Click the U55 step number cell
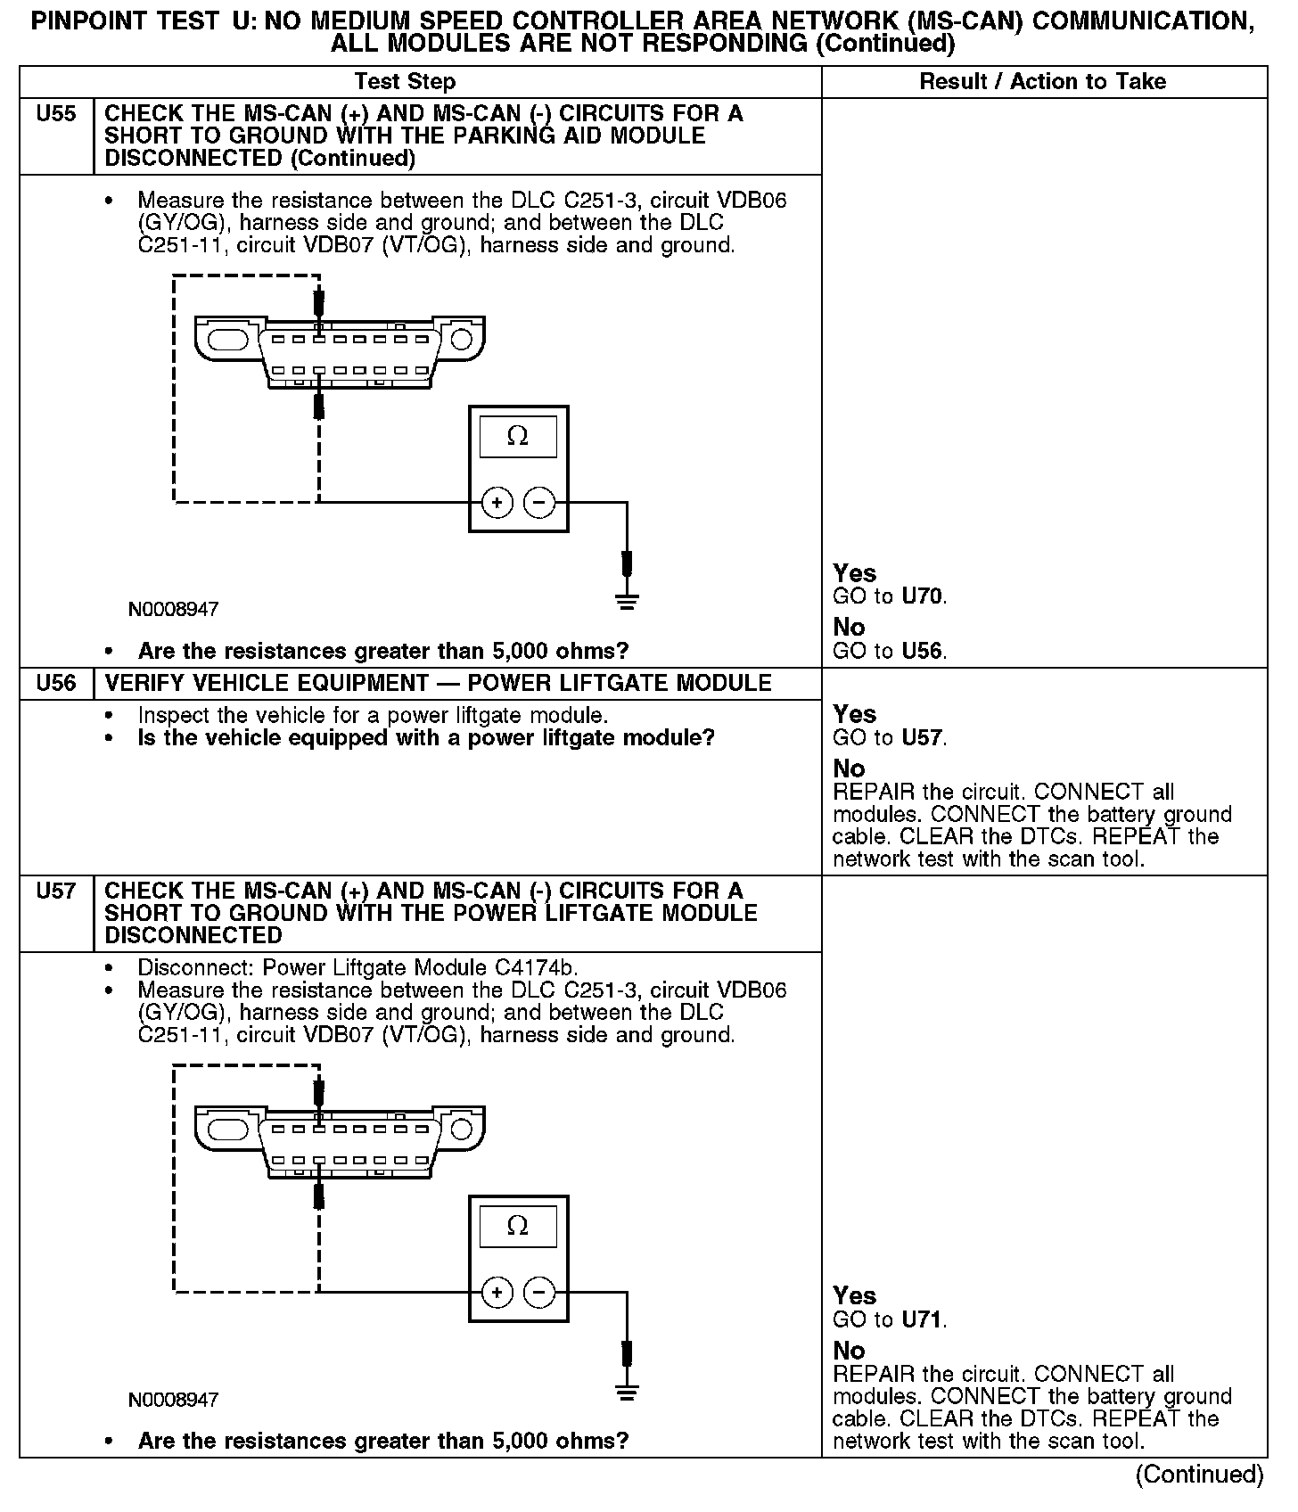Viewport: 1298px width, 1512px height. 55,114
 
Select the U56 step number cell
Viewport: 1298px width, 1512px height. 55,684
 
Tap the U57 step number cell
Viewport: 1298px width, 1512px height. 55,891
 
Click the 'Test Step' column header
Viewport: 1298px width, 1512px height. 405,82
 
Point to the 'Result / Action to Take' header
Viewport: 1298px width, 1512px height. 1042,82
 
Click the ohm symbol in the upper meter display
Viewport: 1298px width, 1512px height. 517,436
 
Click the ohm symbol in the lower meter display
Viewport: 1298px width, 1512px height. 517,1226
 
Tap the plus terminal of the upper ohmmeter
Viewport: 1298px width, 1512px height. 497,504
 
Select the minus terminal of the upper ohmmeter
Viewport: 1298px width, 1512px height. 538,504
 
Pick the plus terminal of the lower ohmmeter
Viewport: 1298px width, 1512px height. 497,1293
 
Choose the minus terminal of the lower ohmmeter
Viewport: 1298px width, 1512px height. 538,1293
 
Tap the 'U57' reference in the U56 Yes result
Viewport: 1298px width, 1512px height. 922,738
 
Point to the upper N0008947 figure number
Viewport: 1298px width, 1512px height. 173,610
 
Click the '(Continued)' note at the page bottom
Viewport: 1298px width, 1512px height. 1199,1475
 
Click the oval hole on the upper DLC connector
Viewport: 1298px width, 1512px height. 229,339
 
